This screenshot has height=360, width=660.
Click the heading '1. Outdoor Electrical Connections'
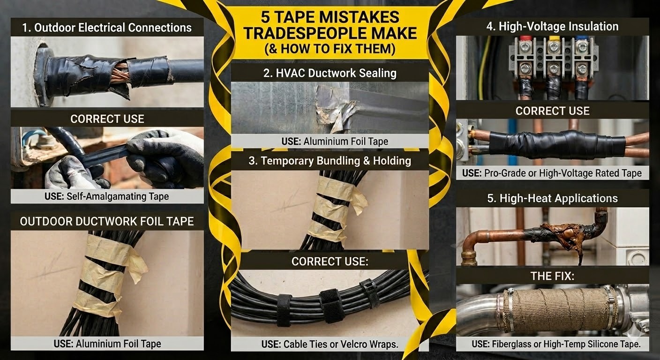tap(107, 27)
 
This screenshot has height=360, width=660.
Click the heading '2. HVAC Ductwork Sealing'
tap(330, 73)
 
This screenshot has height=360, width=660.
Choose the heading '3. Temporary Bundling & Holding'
tap(330, 161)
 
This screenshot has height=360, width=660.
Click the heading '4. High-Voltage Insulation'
tap(552, 27)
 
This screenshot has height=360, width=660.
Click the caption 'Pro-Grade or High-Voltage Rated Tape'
tap(563, 173)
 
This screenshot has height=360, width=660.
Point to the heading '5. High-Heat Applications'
tap(552, 198)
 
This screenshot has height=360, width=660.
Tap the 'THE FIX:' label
tap(552, 276)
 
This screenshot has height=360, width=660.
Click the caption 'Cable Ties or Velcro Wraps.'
tap(341, 344)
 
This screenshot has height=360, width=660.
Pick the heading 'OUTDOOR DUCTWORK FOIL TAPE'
tap(107, 221)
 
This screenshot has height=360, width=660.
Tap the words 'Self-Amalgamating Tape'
tap(118, 196)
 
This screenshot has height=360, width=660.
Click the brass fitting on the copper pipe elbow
tap(469, 257)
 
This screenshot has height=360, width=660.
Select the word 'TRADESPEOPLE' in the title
tap(299, 33)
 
